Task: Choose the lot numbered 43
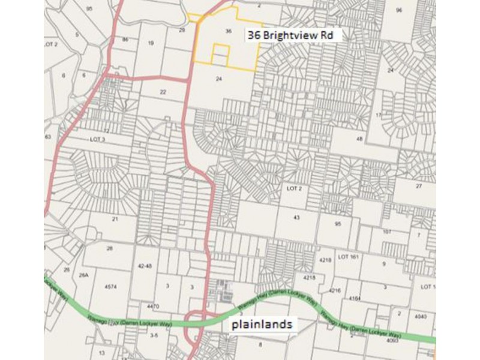(296, 217)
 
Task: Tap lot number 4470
(153, 307)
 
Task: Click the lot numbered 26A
(84, 275)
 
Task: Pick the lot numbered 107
(386, 232)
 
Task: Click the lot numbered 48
(359, 139)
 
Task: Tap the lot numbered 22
(163, 91)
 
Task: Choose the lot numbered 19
(151, 43)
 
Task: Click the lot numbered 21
(115, 219)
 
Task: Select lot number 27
(419, 187)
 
